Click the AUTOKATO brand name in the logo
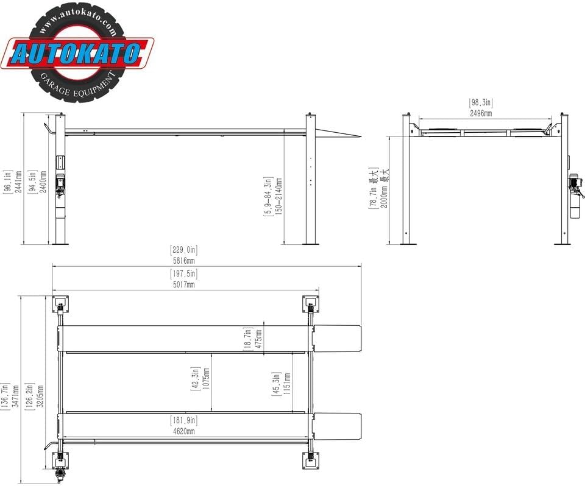pyautogui.click(x=77, y=54)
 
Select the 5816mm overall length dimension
pyautogui.click(x=183, y=261)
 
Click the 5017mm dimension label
pyautogui.click(x=183, y=284)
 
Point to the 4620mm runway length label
pyautogui.click(x=183, y=432)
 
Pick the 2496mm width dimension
pyautogui.click(x=481, y=113)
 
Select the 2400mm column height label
pyautogui.click(x=43, y=181)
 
